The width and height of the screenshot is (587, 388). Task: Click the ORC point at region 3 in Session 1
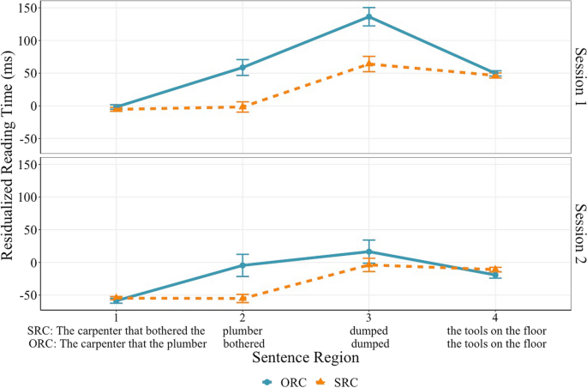point(368,16)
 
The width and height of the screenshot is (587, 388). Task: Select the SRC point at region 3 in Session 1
point(368,64)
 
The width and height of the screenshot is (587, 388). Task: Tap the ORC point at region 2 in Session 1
point(243,67)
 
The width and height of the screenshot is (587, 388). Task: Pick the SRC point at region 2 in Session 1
point(243,106)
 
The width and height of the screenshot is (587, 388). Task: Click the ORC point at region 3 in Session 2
point(368,252)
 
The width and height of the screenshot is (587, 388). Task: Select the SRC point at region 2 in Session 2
point(243,298)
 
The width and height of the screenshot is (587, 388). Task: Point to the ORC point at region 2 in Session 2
point(243,265)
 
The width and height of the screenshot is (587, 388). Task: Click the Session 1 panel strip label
point(578,77)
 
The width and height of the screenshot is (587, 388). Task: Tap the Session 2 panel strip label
point(578,233)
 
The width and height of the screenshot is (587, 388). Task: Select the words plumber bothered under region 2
point(243,336)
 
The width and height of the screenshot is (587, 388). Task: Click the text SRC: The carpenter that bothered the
point(117,330)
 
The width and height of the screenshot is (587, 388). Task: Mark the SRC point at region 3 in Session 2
point(368,265)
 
